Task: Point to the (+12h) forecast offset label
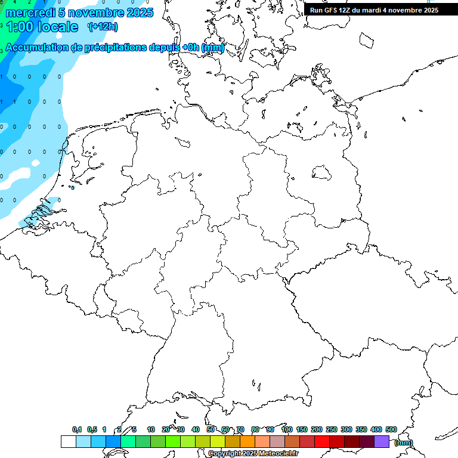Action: coord(103,27)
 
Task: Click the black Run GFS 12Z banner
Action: coord(374,10)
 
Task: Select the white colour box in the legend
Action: coord(68,442)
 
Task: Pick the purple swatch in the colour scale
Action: coord(382,442)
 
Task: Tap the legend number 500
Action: coord(391,429)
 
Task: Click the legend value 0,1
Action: coord(77,429)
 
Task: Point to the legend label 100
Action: coord(286,429)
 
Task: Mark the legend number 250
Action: coord(332,429)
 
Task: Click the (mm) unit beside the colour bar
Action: coord(403,442)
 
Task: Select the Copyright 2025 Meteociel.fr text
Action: coord(253,454)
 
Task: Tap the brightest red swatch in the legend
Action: coord(322,442)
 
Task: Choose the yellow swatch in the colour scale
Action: coord(217,442)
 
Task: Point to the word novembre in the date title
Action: coord(92,13)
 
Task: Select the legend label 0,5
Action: coord(92,429)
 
